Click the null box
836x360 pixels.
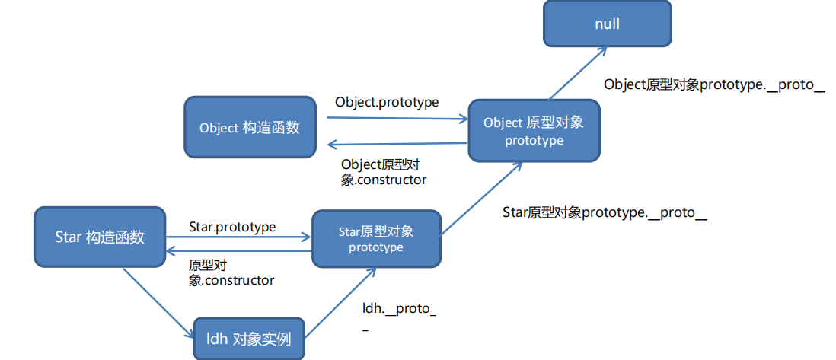(607, 24)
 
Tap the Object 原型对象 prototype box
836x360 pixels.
(534, 130)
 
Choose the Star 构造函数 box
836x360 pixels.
(100, 237)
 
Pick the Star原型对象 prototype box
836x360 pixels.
(375, 239)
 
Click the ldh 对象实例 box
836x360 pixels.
(248, 338)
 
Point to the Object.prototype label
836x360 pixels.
(387, 102)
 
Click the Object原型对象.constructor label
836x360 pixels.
(384, 172)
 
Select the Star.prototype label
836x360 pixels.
(232, 227)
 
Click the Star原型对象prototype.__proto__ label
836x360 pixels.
(605, 212)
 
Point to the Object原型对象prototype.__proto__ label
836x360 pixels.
(714, 84)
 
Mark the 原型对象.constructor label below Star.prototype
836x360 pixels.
(231, 272)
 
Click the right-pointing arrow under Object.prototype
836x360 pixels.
(397, 119)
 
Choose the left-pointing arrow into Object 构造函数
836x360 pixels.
(397, 144)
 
